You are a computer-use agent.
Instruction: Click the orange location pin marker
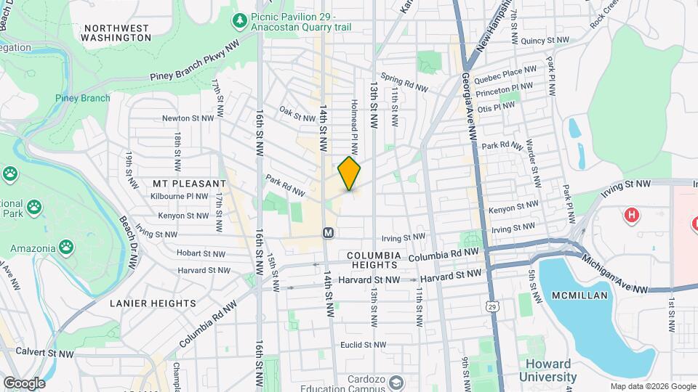[349, 173]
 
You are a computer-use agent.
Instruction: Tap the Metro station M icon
[329, 233]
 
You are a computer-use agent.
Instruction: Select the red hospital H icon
[632, 215]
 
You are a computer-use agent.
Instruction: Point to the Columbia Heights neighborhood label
[373, 261]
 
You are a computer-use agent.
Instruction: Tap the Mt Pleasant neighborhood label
[182, 184]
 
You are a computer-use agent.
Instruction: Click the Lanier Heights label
[153, 303]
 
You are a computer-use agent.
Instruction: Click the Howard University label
[547, 371]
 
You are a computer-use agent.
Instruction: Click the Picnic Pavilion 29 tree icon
[239, 20]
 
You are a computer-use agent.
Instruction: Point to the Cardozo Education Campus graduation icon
[396, 382]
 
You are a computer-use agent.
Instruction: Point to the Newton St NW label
[188, 118]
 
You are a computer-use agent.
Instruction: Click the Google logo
[23, 383]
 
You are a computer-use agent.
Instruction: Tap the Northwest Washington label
[116, 32]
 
